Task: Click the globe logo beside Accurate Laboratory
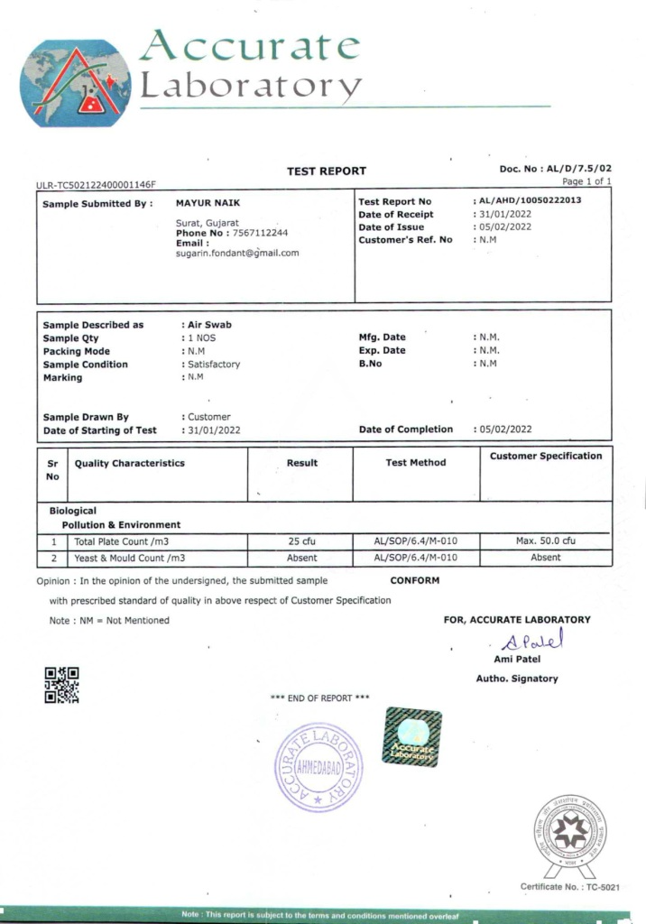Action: coord(75,83)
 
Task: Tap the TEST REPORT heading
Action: coord(327,171)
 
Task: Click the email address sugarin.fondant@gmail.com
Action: coord(237,254)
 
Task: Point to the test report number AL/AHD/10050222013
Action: coord(530,202)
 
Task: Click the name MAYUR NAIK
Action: coord(208,203)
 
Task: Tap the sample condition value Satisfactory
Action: coord(214,365)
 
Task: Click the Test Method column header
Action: coord(415,463)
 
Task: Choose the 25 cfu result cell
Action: coord(301,541)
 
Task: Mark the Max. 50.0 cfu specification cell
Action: coord(545,541)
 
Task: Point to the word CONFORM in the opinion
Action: coord(415,580)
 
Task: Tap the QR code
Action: coord(62,685)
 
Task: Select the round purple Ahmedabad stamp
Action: coord(318,767)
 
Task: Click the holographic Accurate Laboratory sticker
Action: coord(412,738)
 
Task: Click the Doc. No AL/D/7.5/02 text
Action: coord(556,169)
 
